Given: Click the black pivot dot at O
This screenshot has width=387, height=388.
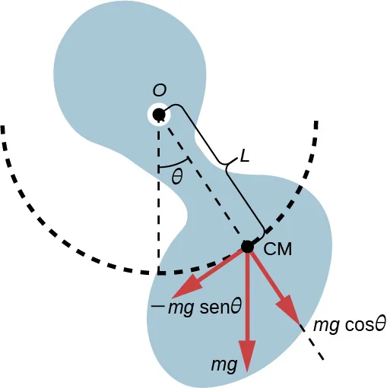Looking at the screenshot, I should tap(159, 115).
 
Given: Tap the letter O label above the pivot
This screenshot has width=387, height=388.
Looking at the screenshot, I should tap(160, 90).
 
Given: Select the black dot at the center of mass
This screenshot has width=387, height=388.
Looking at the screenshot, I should tap(247, 246).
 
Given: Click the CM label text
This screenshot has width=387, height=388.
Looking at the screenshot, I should tap(278, 248).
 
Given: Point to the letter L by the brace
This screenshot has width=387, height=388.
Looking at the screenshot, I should tap(244, 157).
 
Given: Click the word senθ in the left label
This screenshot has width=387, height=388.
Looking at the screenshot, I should tap(220, 308).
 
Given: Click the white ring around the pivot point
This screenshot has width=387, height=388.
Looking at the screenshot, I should tap(150, 109).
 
